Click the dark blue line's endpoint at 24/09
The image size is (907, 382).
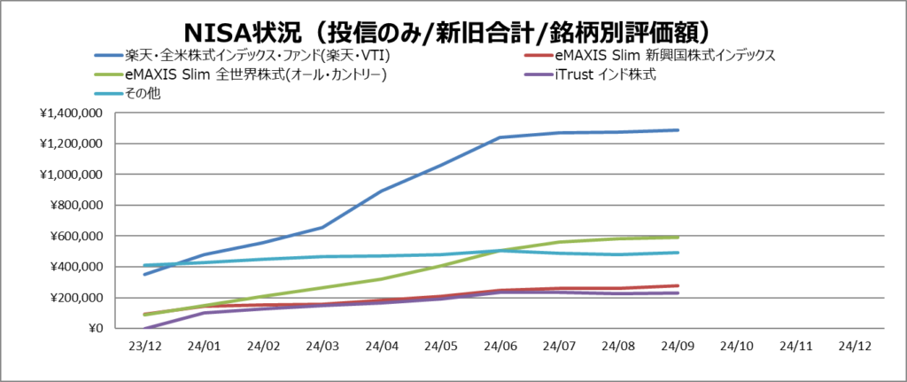coord(678,130)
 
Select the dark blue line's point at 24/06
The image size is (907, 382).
coord(500,137)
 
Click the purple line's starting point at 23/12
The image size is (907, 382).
coord(144,329)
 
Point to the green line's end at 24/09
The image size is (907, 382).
coord(678,238)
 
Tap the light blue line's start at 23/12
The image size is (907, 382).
coord(144,265)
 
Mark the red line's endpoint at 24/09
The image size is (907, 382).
coord(678,285)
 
